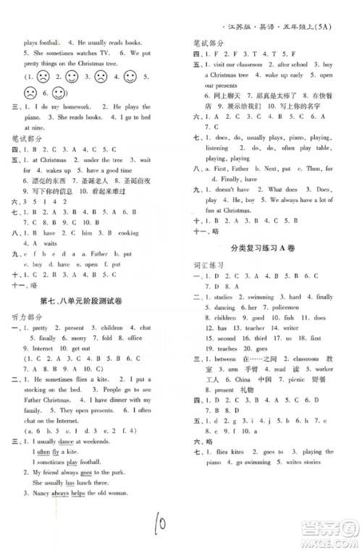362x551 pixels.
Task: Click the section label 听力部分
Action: [28, 317]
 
